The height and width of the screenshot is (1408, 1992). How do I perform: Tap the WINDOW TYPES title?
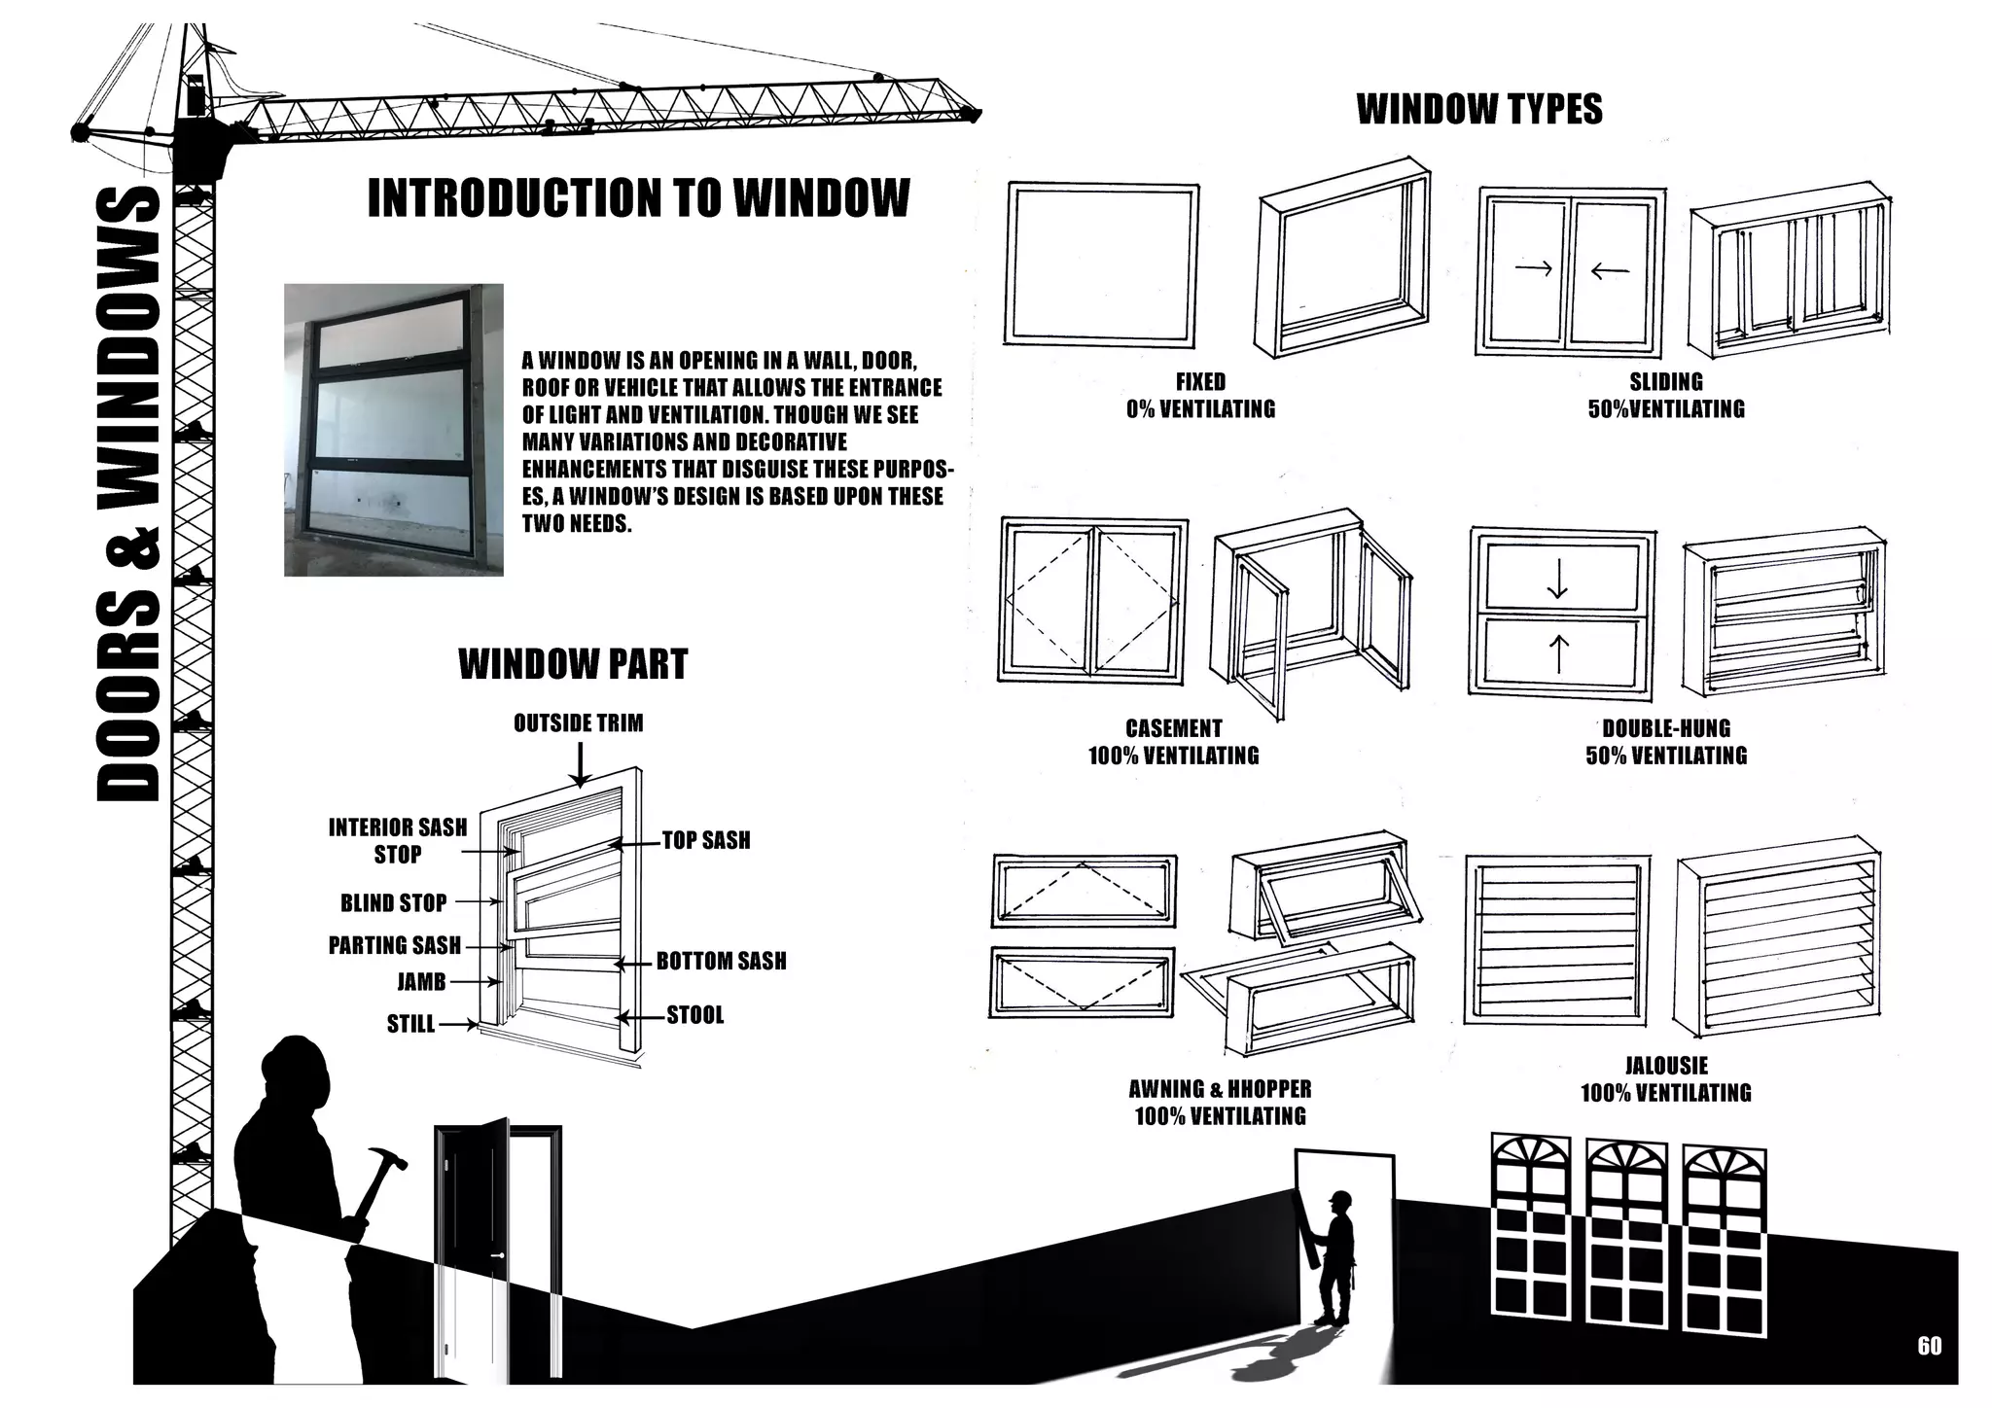[1478, 109]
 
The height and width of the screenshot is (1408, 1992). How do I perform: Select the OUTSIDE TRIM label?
[578, 722]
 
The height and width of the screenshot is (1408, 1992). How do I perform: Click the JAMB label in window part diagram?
[421, 982]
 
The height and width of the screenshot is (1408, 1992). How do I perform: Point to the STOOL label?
[694, 1015]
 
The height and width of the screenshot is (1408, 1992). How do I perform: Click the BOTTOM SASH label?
[721, 961]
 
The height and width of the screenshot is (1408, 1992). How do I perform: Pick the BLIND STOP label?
[393, 902]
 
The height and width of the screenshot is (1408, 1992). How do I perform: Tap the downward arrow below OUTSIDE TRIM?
[580, 764]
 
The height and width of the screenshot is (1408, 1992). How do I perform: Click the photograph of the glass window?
[393, 430]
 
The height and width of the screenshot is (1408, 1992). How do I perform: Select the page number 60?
[1930, 1346]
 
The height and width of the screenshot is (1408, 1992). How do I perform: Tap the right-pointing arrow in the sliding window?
[1533, 268]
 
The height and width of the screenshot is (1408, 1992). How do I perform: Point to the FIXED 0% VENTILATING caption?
[1200, 396]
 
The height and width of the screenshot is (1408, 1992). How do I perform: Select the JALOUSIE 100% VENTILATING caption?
[1665, 1079]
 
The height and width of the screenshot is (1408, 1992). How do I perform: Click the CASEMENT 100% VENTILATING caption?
[1173, 742]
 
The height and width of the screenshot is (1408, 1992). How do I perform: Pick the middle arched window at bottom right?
[1626, 1235]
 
